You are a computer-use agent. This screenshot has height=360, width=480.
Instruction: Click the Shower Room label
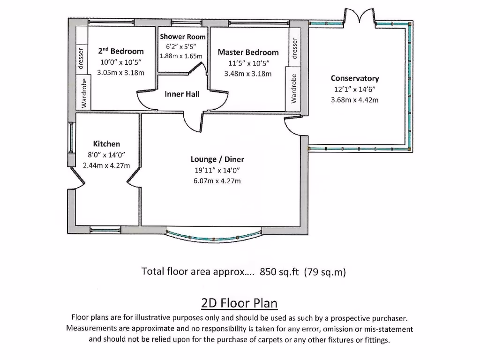pyautogui.click(x=183, y=37)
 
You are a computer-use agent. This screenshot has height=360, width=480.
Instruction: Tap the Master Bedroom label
pyautogui.click(x=248, y=52)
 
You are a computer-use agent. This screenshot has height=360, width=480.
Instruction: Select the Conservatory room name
pyautogui.click(x=354, y=78)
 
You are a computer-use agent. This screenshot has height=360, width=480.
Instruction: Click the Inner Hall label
pyautogui.click(x=182, y=94)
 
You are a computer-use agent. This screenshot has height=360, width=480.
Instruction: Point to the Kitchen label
pyautogui.click(x=106, y=144)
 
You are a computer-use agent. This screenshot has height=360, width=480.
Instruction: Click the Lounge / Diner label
pyautogui.click(x=217, y=159)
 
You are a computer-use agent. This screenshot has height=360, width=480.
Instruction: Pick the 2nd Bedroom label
pyautogui.click(x=120, y=51)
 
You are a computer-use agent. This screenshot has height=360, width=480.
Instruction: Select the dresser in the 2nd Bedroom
pyautogui.click(x=81, y=58)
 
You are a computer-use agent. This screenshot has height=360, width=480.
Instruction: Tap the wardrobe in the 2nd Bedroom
pyautogui.click(x=84, y=93)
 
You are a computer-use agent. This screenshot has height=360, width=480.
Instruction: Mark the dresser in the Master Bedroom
pyautogui.click(x=294, y=48)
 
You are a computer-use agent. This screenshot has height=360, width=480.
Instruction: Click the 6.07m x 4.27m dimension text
pyautogui.click(x=217, y=181)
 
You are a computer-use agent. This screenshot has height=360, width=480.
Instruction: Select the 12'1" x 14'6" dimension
pyautogui.click(x=354, y=89)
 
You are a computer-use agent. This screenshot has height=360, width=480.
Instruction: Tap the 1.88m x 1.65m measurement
pyautogui.click(x=181, y=56)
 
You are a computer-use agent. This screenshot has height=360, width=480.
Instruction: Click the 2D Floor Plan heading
pyautogui.click(x=240, y=303)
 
